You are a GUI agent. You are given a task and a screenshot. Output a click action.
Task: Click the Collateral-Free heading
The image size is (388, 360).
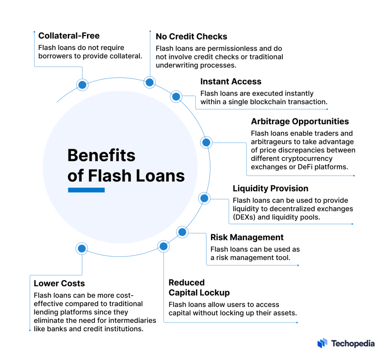pyautogui.click(x=69, y=36)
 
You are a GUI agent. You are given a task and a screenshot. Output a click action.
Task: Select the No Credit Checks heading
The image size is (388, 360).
pyautogui.click(x=191, y=37)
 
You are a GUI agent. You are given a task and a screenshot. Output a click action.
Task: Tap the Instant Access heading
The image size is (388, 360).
pyautogui.click(x=231, y=82)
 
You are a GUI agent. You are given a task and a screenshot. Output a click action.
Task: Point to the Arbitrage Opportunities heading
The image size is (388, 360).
pyautogui.click(x=300, y=122)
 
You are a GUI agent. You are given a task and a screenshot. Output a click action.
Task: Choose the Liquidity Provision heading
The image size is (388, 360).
pyautogui.click(x=270, y=189)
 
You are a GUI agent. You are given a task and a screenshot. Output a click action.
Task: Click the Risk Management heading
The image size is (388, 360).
pyautogui.click(x=247, y=238)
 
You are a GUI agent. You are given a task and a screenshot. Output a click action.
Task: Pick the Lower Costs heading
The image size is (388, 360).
pyautogui.click(x=59, y=283)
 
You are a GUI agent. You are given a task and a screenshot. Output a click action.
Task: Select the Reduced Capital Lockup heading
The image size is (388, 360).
pyautogui.click(x=199, y=288)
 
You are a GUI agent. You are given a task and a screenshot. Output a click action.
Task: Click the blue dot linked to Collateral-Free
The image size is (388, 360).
pyautogui.click(x=82, y=85)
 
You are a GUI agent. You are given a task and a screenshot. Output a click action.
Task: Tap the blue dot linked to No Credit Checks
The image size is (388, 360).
pyautogui.click(x=150, y=82)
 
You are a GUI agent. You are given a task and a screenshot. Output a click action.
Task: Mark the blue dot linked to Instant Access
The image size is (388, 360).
pyautogui.click(x=176, y=97)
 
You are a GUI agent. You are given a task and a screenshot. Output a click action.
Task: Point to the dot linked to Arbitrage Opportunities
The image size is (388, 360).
pyautogui.click(x=206, y=142)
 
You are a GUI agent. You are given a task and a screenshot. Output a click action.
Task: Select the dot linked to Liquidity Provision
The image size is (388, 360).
pyautogui.click(x=204, y=198)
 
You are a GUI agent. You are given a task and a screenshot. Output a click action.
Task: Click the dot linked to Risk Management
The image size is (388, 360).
pyautogui.click(x=182, y=232)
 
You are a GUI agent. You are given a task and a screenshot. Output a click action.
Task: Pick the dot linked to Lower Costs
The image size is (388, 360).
pyautogui.click(x=81, y=249)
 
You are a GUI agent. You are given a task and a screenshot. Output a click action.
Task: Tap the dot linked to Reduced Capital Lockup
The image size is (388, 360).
pyautogui.click(x=163, y=247)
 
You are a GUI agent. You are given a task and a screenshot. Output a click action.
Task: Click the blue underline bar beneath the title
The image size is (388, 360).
pyautogui.click(x=86, y=190)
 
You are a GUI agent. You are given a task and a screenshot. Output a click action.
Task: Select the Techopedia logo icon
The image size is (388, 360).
pyautogui.click(x=322, y=343)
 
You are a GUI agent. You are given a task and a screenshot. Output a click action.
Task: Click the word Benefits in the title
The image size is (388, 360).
pyautogui.click(x=101, y=156)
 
